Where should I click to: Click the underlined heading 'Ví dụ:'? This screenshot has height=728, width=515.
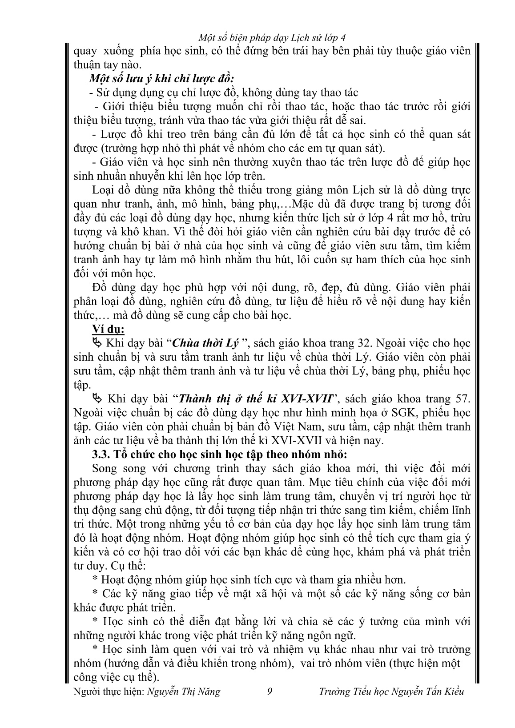[108, 330]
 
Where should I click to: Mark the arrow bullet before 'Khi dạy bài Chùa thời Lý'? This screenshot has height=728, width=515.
[97, 343]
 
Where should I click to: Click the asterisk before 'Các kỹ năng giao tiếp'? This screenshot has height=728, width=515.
[94, 594]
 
